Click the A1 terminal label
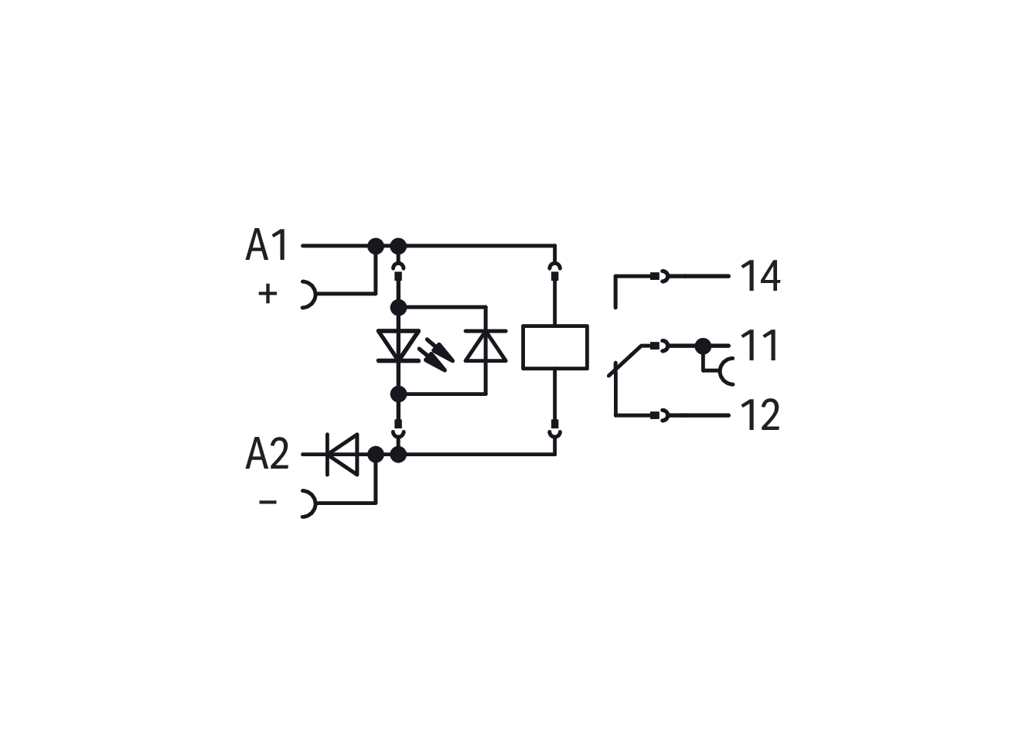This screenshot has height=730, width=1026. point(267,245)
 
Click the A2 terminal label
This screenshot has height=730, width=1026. point(268,454)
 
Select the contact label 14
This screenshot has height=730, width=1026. point(760,276)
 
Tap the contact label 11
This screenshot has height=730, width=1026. point(759,345)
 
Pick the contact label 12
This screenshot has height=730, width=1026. point(760,414)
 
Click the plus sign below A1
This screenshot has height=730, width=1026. point(268,293)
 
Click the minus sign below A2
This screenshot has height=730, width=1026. point(268,502)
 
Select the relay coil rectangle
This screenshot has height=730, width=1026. point(555,347)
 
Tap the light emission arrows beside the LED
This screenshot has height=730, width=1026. point(436,354)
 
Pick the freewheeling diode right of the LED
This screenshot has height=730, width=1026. point(486,346)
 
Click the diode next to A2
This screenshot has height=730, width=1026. point(343,454)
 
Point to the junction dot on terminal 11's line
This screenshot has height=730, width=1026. point(703,346)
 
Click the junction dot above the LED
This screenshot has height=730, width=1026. point(398,308)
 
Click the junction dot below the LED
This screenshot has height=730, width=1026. point(398,394)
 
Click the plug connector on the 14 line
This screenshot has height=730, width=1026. point(660,276)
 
